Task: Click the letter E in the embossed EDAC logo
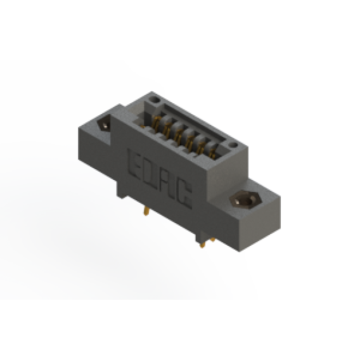pos(134,165)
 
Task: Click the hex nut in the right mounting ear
pos(245,200)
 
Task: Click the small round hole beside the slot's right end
pos(233,145)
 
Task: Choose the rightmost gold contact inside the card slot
pos(213,154)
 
